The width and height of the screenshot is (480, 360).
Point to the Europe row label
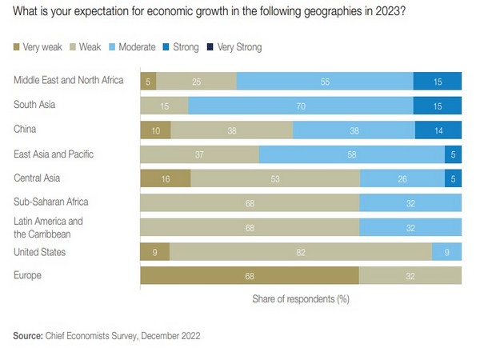tap(30, 275)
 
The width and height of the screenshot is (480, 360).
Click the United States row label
tap(40, 252)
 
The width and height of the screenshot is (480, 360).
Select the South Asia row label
tap(36, 105)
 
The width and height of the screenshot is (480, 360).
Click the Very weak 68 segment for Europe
tap(250, 276)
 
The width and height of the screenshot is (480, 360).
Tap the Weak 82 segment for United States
tap(300, 252)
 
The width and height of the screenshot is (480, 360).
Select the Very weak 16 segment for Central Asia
tap(165, 179)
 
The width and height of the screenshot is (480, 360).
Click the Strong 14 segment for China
tap(438, 130)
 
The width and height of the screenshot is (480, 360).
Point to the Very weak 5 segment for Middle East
tap(148, 82)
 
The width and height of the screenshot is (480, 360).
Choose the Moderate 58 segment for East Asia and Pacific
tap(352, 154)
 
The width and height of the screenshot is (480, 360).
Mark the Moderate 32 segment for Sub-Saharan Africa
tap(410, 203)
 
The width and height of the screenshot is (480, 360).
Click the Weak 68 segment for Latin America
tap(250, 228)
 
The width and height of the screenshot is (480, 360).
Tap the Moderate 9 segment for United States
tap(446, 252)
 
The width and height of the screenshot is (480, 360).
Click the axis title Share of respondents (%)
tap(301, 298)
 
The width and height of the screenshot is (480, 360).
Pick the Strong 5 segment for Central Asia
tap(453, 179)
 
